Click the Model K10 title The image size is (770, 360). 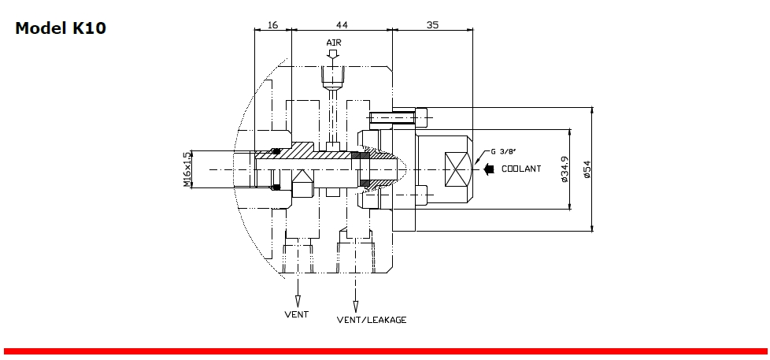click(61, 28)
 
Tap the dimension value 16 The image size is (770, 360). click(272, 25)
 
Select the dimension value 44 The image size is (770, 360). click(341, 25)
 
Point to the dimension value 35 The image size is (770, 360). click(432, 25)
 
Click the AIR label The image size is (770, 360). click(334, 42)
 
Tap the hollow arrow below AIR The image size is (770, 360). click(333, 54)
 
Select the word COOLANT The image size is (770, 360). click(521, 169)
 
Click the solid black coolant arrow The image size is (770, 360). click(489, 169)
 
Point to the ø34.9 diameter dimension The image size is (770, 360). click(565, 169)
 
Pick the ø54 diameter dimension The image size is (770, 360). click(587, 169)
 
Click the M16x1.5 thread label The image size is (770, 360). click(187, 169)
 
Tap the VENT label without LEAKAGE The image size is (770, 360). click(296, 314)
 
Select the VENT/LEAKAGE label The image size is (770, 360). click(372, 320)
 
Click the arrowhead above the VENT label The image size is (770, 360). click(298, 301)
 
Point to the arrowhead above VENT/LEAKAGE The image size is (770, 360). click(355, 306)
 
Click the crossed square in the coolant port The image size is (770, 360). click(456, 169)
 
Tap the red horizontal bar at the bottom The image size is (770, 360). click(385, 351)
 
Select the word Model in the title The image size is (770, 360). click(39, 28)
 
